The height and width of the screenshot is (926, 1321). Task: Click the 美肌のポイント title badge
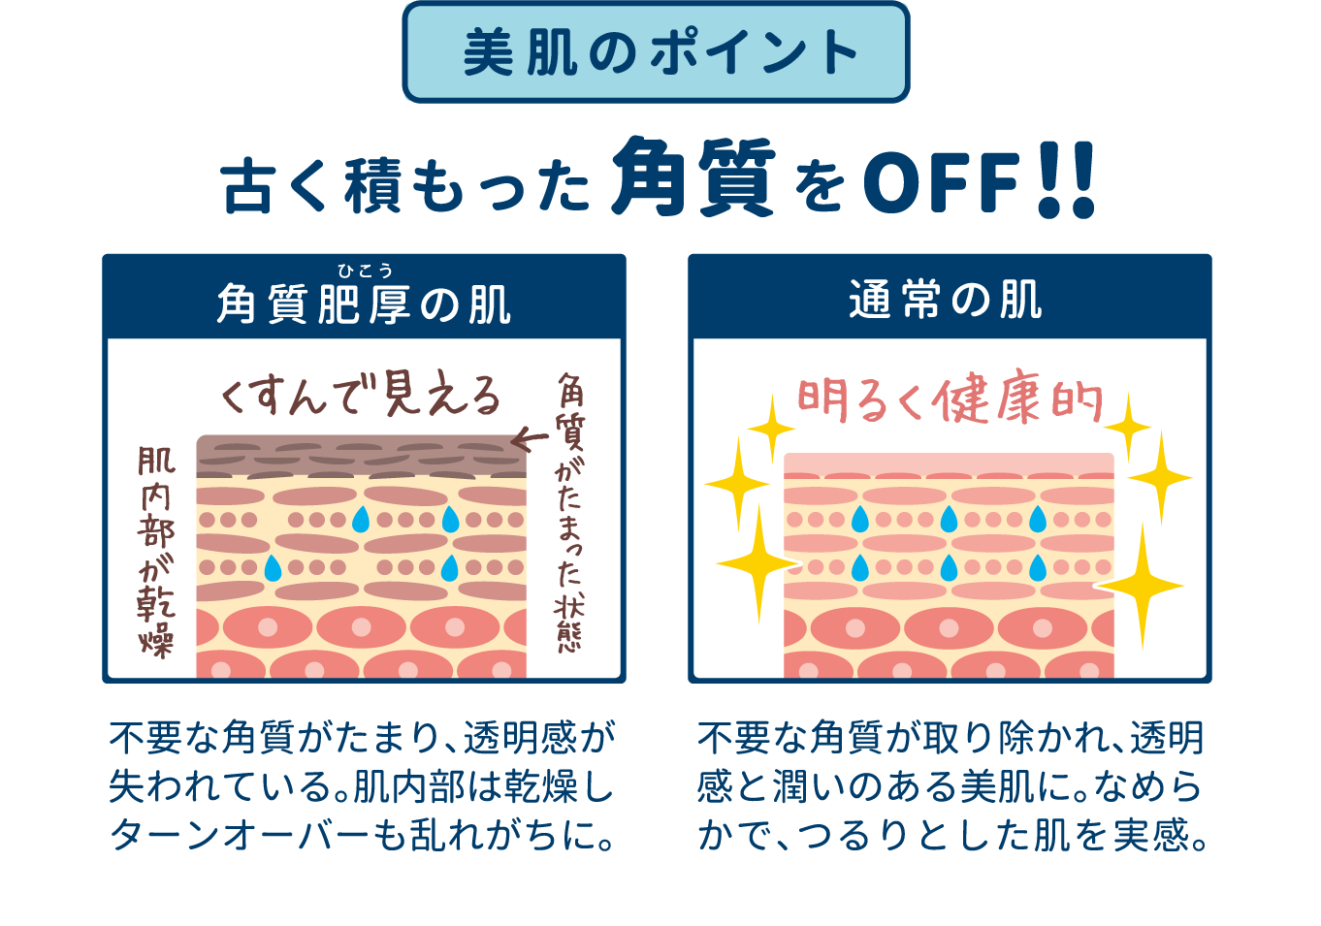point(657,52)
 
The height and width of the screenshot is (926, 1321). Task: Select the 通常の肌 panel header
point(948,300)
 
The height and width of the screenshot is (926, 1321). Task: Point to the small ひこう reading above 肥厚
point(365,271)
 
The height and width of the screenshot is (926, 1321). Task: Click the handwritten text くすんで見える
point(361,395)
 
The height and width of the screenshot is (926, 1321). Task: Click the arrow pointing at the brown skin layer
point(529,440)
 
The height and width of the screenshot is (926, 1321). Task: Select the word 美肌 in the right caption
point(985,786)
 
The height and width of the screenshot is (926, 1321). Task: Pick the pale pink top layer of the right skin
point(948,463)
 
